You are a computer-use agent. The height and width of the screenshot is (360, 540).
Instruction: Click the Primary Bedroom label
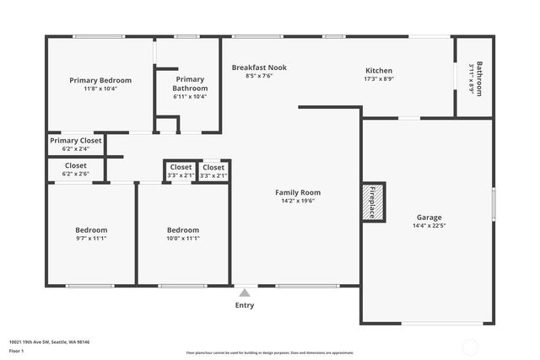tap(100, 80)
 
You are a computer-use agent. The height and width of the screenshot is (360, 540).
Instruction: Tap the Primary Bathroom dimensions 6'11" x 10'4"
tap(190, 96)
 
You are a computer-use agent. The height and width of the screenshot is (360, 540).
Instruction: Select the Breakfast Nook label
tap(259, 67)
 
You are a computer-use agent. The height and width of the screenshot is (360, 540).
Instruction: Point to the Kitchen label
tap(378, 70)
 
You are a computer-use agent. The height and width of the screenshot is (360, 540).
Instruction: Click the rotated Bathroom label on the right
tap(479, 78)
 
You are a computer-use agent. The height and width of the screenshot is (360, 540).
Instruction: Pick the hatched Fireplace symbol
tap(374, 202)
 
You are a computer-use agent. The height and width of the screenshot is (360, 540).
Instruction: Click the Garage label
tap(429, 217)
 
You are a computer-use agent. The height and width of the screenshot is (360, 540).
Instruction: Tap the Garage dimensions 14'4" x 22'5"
tap(429, 226)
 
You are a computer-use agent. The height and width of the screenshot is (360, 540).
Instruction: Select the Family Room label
tap(298, 192)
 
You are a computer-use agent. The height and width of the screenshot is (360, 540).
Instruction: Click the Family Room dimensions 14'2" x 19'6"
tap(298, 201)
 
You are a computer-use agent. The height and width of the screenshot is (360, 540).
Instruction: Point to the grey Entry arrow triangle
tap(245, 293)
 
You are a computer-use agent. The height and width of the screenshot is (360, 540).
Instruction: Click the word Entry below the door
tap(245, 305)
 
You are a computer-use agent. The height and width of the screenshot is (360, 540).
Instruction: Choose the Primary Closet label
tap(75, 141)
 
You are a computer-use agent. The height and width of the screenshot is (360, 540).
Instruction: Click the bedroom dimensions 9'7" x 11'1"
tap(91, 239)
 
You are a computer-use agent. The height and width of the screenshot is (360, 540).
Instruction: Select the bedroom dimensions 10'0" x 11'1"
tap(182, 239)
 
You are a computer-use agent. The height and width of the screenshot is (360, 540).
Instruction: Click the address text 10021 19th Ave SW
tap(49, 341)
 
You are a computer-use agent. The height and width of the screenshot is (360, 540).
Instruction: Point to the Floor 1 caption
tap(16, 350)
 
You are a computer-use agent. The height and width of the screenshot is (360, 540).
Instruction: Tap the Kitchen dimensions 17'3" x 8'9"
tap(378, 79)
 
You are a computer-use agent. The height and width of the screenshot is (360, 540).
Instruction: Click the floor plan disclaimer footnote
tap(270, 352)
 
